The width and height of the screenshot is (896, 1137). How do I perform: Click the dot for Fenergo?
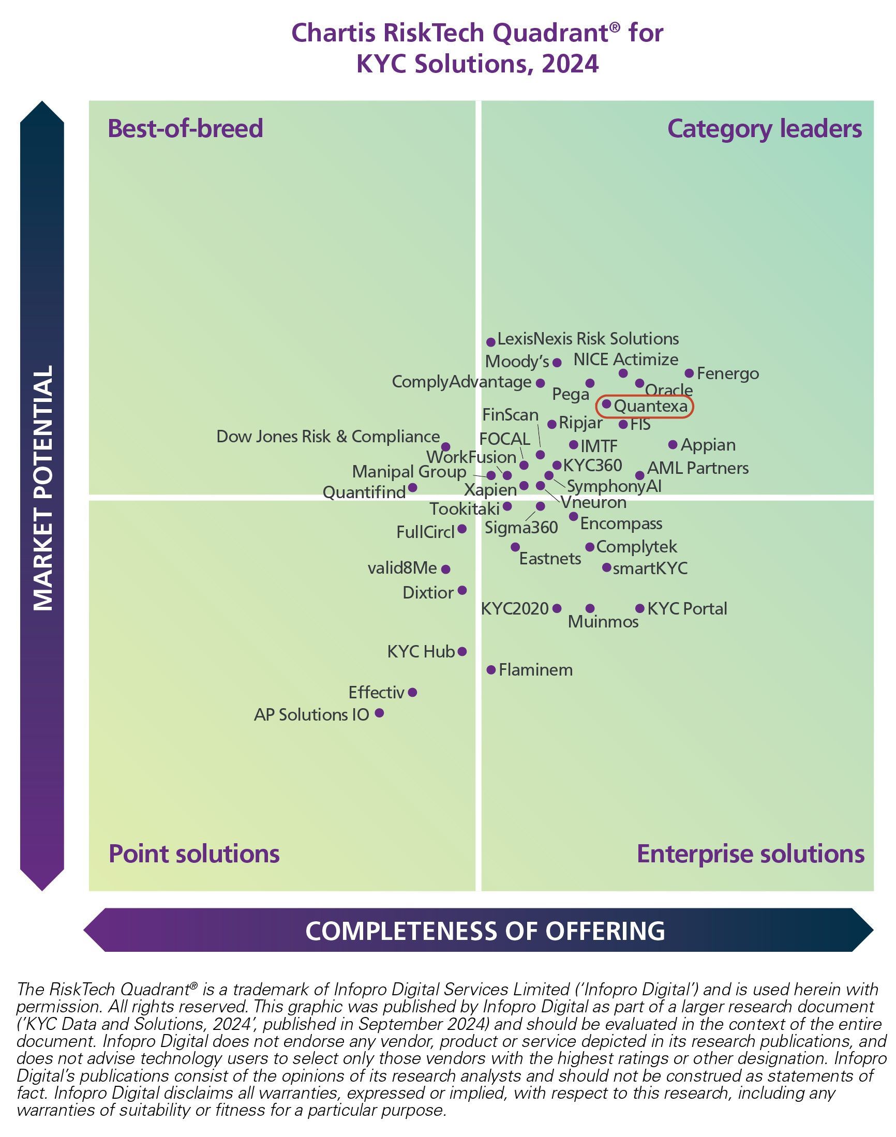(689, 373)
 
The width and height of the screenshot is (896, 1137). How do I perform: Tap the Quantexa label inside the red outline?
(650, 406)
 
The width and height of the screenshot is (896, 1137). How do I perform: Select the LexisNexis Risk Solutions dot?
(491, 342)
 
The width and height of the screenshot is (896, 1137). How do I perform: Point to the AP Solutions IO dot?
(379, 713)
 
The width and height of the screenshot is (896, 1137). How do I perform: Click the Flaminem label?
(535, 670)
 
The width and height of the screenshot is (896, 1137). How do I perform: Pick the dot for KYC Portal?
(640, 608)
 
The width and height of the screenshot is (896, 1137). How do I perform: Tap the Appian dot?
(673, 445)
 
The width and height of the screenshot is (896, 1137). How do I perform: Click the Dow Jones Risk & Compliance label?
(328, 437)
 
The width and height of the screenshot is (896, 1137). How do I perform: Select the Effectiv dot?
(413, 692)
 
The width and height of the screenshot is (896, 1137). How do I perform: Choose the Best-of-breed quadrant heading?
(185, 129)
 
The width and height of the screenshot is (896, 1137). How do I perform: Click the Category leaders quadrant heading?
(764, 129)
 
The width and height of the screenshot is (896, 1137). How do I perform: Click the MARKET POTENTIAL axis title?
(43, 488)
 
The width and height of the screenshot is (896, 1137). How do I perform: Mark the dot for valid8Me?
(446, 569)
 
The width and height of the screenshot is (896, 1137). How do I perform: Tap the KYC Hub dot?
(462, 651)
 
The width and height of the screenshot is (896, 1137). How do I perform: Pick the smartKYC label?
(650, 568)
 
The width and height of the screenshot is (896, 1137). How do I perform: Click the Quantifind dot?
(413, 488)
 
